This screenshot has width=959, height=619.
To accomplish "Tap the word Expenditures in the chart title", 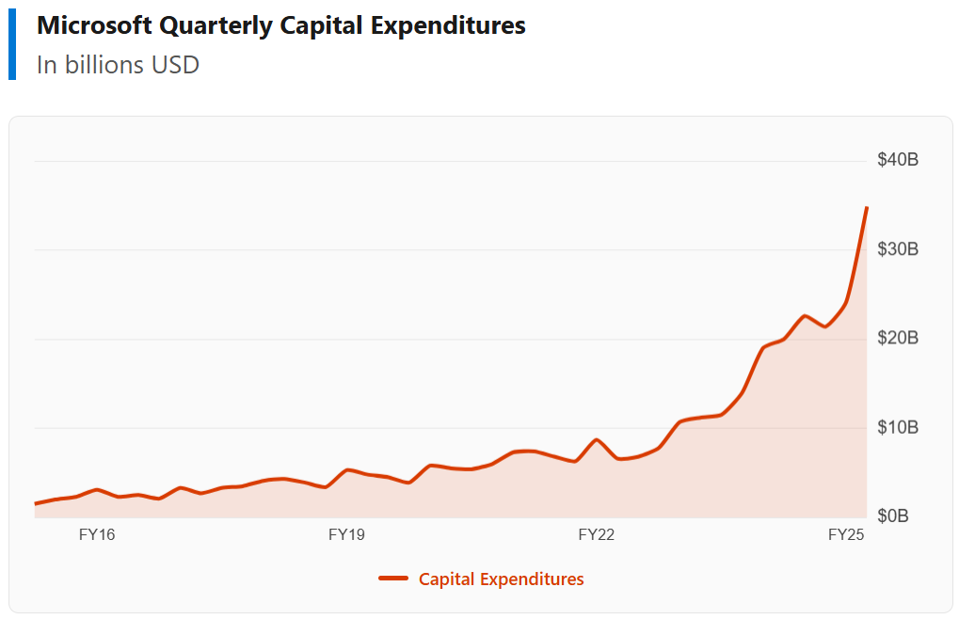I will click(449, 26).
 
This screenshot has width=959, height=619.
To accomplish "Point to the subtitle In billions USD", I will click(118, 65).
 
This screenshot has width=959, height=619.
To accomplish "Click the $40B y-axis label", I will click(897, 160).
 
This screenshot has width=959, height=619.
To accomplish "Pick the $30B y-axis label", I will click(897, 249).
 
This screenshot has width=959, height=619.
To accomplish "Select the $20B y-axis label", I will click(897, 338).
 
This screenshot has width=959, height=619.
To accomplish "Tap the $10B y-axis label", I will click(897, 428).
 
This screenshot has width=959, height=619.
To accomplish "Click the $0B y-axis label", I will click(892, 516).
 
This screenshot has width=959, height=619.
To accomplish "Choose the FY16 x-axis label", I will click(97, 535).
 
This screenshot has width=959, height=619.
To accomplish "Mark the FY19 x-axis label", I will click(346, 535).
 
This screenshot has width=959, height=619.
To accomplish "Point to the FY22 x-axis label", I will click(596, 535).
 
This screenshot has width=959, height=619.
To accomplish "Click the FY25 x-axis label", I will click(845, 535).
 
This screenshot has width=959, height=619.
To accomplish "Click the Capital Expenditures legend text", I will click(501, 579).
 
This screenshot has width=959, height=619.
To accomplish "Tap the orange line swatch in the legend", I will click(392, 579).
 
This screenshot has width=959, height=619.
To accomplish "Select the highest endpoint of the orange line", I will click(866, 208).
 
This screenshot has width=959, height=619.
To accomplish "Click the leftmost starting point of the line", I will click(36, 503).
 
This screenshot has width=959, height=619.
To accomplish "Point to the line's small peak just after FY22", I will click(597, 439).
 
